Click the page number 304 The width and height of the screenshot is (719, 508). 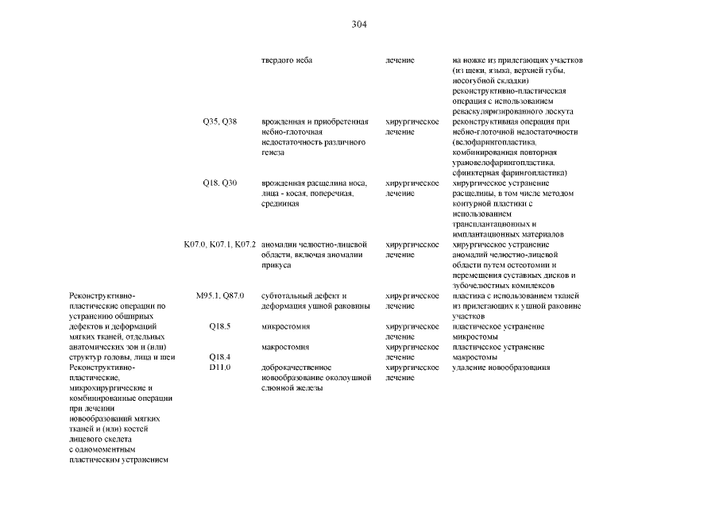(x=358, y=25)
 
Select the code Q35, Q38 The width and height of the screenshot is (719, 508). (x=219, y=121)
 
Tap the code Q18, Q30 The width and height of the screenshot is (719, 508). (x=219, y=183)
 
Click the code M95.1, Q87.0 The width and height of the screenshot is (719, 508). (x=219, y=295)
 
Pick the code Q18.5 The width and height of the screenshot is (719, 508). (x=219, y=326)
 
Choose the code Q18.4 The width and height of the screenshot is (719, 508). (x=219, y=357)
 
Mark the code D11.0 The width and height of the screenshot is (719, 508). (x=219, y=368)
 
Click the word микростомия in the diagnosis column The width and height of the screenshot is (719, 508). (x=285, y=326)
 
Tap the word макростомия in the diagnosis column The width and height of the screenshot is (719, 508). (x=285, y=347)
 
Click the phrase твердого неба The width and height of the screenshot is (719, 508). (x=287, y=60)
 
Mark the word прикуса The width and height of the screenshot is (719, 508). (x=276, y=265)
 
